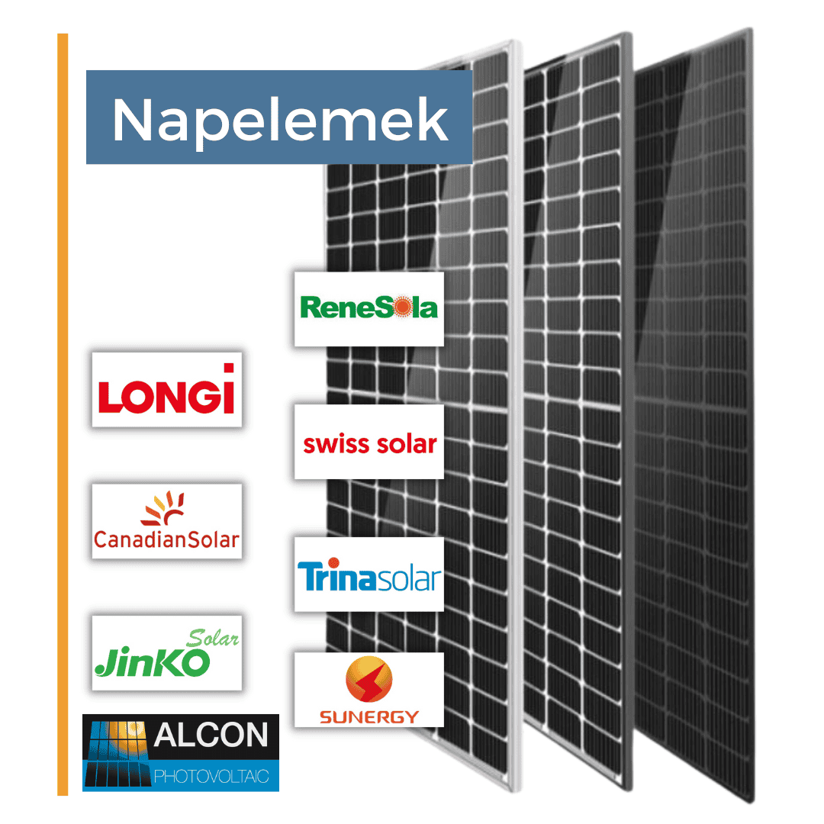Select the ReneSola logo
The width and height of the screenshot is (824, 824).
(x=369, y=307)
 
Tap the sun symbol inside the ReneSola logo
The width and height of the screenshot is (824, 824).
(x=403, y=307)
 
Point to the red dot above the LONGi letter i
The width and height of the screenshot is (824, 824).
(x=229, y=368)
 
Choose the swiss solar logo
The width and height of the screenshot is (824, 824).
(x=369, y=444)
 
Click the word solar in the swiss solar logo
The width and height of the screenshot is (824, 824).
(x=407, y=444)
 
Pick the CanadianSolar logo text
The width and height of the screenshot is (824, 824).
(x=166, y=539)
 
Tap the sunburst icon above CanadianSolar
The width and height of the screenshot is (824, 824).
(x=163, y=508)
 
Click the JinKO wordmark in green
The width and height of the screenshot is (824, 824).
(x=153, y=662)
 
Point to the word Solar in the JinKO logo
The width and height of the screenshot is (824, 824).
(x=213, y=638)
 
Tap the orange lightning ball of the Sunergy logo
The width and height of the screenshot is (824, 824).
(x=369, y=679)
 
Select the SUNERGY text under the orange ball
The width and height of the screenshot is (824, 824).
(x=369, y=716)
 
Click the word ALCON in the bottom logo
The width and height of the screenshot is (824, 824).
(x=211, y=735)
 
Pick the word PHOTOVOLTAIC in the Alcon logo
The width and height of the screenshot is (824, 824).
(x=211, y=776)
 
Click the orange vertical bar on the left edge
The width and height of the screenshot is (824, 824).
(x=63, y=414)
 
